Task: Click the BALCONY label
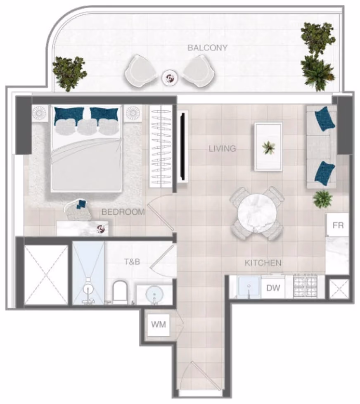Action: pos(207,48)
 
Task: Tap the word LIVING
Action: pos(222,149)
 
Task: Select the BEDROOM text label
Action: pos(123,212)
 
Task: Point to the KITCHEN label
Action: pos(263,263)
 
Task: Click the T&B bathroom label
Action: pos(132,262)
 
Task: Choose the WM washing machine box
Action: pos(159,325)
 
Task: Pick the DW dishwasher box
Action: pos(273,288)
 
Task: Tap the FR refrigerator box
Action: pos(338,225)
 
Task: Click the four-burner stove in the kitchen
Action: pos(305,287)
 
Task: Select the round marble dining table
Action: pos(257,214)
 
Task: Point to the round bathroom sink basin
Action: pos(154,294)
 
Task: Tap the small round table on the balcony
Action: pos(170,78)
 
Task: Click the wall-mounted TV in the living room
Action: pos(183,146)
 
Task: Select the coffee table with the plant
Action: pos(268,146)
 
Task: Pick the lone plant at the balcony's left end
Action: pos(69,74)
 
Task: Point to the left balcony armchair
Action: pos(141,71)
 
